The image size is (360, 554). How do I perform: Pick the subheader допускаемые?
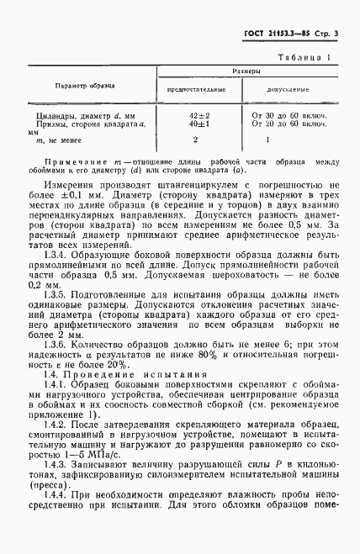tap(291, 87)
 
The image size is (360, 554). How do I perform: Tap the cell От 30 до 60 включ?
tap(291, 113)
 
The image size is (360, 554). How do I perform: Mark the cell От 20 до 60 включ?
tap(291, 123)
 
